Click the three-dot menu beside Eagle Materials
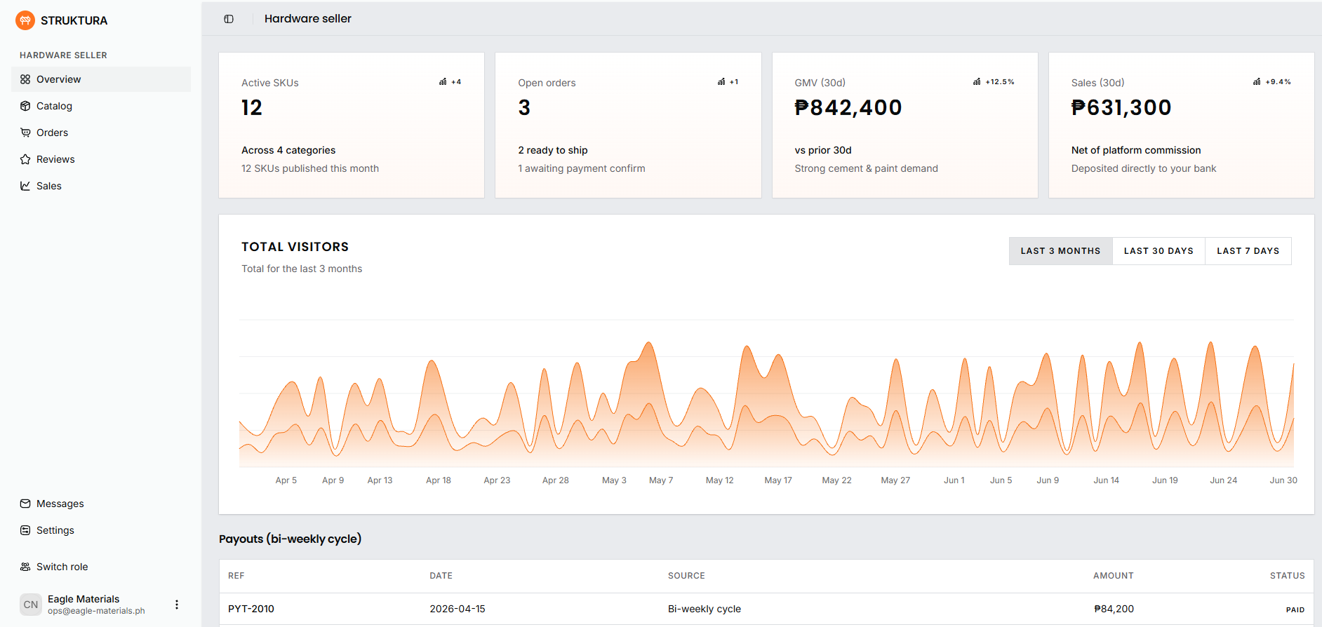point(177,605)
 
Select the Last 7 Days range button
point(1248,251)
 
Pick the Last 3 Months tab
point(1060,251)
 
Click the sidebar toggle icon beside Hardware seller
point(229,19)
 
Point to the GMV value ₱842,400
point(848,107)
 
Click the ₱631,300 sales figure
point(1121,107)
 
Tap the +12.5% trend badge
point(994,82)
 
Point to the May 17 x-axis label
point(777,480)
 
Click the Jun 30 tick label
point(1283,480)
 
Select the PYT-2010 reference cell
point(251,609)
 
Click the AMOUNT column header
point(1113,576)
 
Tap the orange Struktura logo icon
point(25,20)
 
